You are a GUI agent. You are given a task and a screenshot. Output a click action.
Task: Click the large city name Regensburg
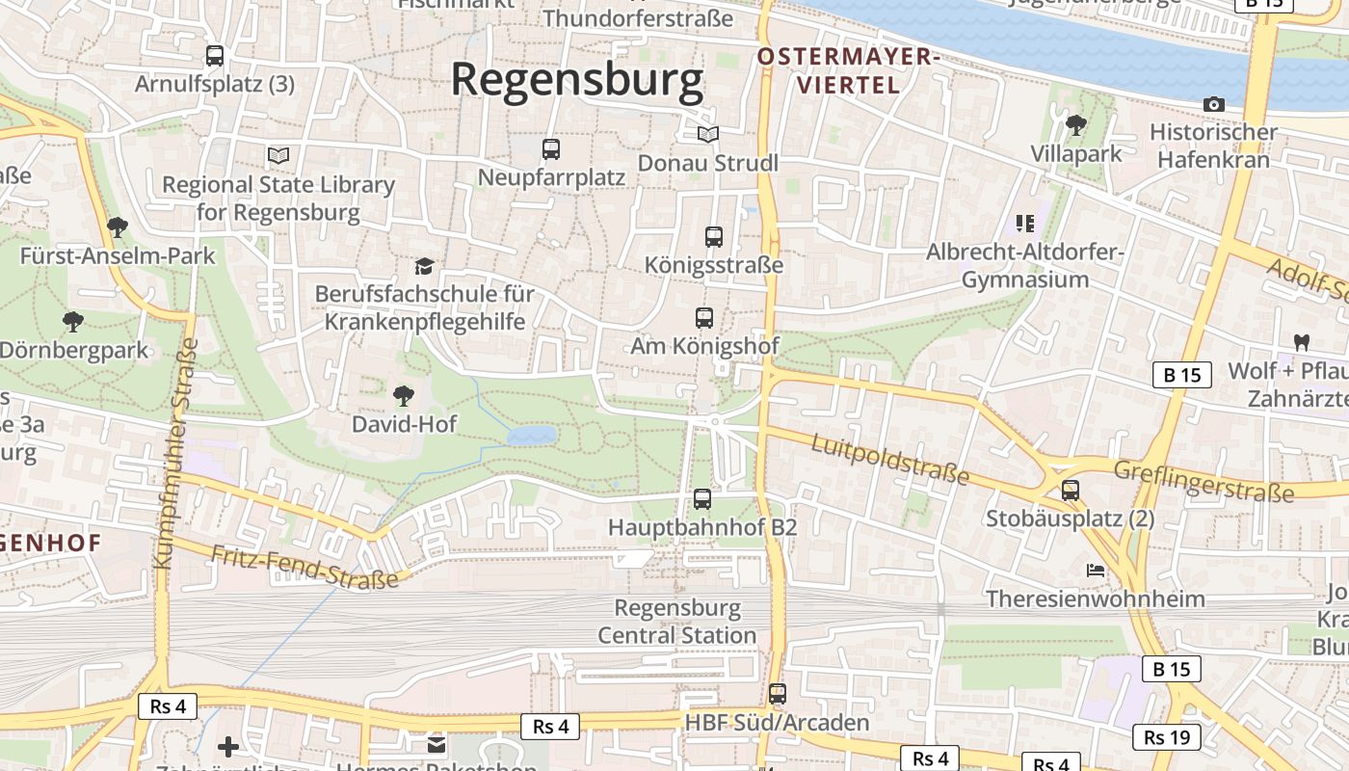(577, 80)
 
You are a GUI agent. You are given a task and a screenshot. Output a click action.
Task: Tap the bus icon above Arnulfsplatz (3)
(214, 56)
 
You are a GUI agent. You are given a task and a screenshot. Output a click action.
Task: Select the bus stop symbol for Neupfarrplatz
(550, 149)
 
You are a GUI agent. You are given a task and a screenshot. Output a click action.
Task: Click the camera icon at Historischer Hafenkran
(1213, 104)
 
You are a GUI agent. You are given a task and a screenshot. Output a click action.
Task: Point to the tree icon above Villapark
(1075, 125)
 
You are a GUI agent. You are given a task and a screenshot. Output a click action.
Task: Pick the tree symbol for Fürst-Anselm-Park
(118, 227)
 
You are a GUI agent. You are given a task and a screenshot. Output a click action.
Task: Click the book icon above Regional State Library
(278, 155)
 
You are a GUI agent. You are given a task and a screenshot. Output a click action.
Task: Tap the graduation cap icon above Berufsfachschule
(424, 265)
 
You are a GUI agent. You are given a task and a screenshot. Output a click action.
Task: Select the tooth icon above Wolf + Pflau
(1300, 342)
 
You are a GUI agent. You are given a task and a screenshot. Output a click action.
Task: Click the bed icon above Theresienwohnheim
(1096, 571)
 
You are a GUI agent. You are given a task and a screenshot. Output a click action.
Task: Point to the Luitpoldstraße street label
(889, 459)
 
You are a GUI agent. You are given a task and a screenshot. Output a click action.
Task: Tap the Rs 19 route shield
(1168, 738)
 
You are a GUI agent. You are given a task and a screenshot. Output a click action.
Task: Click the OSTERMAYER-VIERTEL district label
(848, 70)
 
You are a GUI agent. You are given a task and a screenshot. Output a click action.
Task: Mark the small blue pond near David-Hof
(532, 436)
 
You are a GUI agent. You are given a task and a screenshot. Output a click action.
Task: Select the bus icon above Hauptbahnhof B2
(702, 499)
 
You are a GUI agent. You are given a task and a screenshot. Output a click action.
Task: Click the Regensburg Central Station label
(677, 622)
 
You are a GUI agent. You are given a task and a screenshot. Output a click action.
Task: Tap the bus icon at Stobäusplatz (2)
(1070, 490)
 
